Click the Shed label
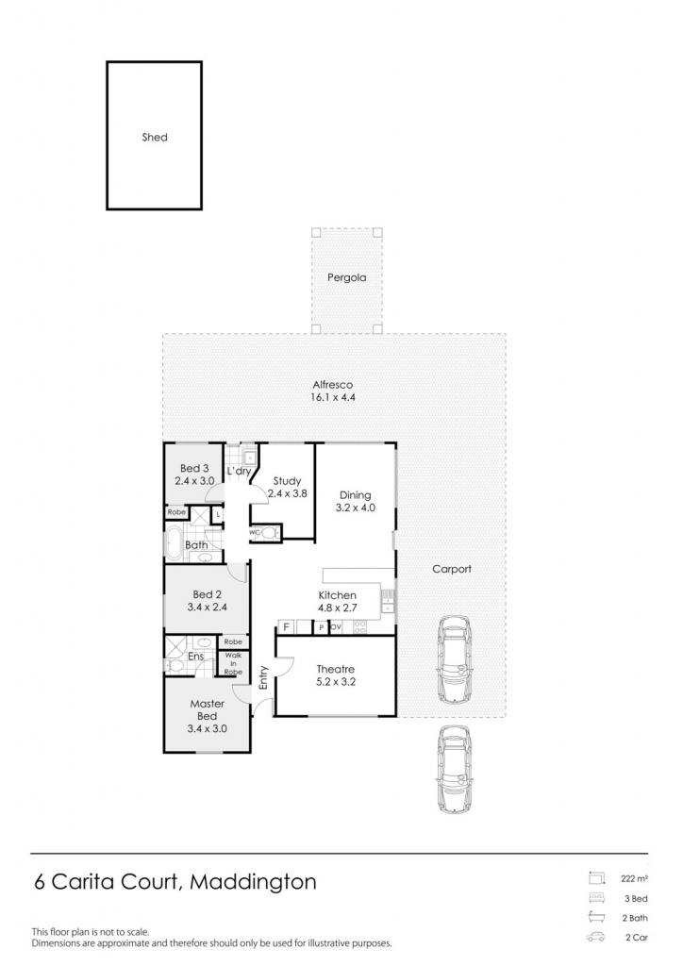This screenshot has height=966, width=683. tap(155, 138)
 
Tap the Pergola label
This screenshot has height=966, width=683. tap(347, 278)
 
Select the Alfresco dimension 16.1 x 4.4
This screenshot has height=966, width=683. tap(333, 397)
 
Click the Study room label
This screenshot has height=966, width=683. tap(287, 480)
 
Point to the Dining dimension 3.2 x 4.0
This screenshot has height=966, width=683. tap(356, 508)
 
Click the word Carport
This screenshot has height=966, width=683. tap(452, 569)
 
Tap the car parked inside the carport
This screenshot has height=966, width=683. tap(454, 659)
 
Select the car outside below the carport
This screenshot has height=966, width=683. tap(454, 770)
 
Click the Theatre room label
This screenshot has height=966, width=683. tap(336, 669)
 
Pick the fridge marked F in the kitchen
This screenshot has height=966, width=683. tap(287, 627)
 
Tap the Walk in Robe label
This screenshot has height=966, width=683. tap(233, 663)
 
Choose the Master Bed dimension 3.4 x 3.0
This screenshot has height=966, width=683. tap(207, 728)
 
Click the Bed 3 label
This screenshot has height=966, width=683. tap(194, 468)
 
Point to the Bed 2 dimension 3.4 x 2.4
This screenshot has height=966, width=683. tap(207, 607)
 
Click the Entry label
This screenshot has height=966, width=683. tap(263, 677)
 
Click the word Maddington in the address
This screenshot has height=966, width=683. tap(253, 882)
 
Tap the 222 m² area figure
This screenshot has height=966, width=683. tap(634, 879)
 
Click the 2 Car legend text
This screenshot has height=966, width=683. tap(637, 938)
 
